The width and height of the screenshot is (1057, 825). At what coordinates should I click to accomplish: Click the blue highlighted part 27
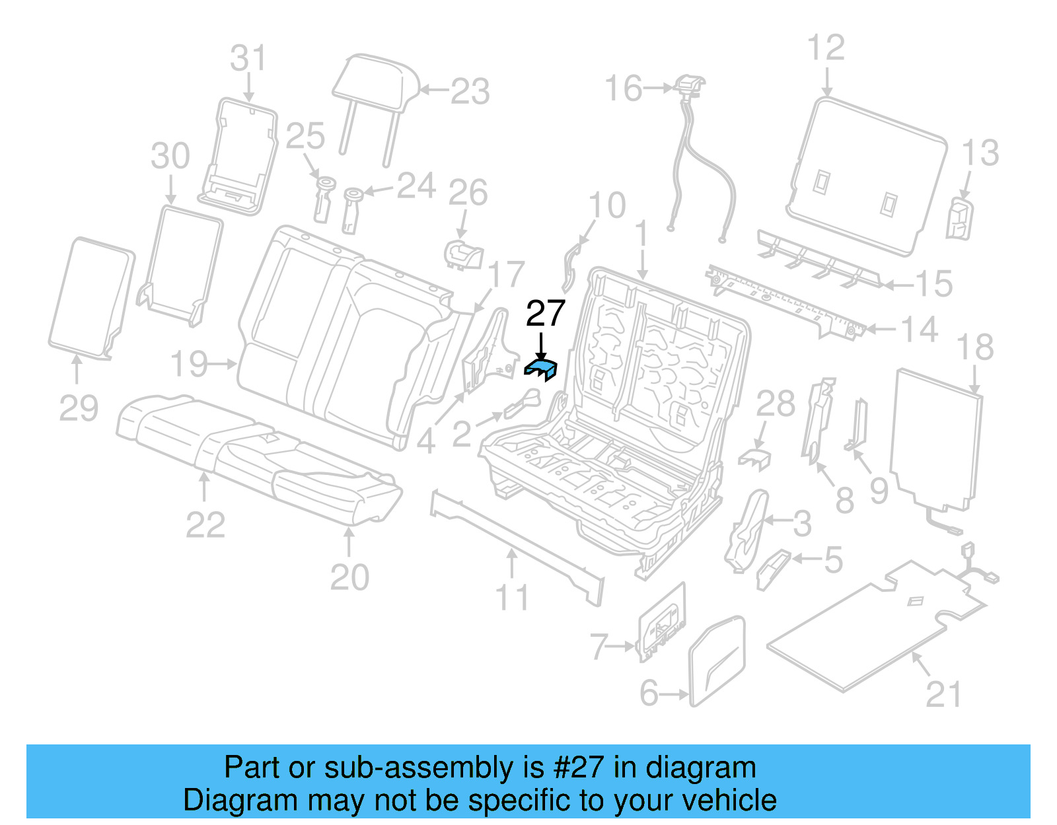tap(541, 369)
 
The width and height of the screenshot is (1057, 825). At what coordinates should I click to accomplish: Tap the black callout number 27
tap(545, 313)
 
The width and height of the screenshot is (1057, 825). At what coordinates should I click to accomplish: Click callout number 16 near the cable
tap(623, 89)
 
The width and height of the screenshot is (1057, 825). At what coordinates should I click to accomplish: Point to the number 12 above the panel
tap(826, 48)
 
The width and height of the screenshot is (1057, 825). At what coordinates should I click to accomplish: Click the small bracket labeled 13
tap(959, 219)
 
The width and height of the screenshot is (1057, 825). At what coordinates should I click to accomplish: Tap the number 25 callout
tap(305, 136)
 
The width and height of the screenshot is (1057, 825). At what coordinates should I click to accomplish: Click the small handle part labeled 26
tap(463, 254)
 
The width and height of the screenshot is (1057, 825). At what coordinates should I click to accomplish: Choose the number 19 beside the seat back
tap(189, 364)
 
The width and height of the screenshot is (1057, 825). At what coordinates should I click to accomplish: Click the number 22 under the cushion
tap(205, 525)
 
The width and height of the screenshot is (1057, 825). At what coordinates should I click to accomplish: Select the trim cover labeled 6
tap(717, 661)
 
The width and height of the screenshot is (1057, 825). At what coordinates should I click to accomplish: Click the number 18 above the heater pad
tap(975, 347)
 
